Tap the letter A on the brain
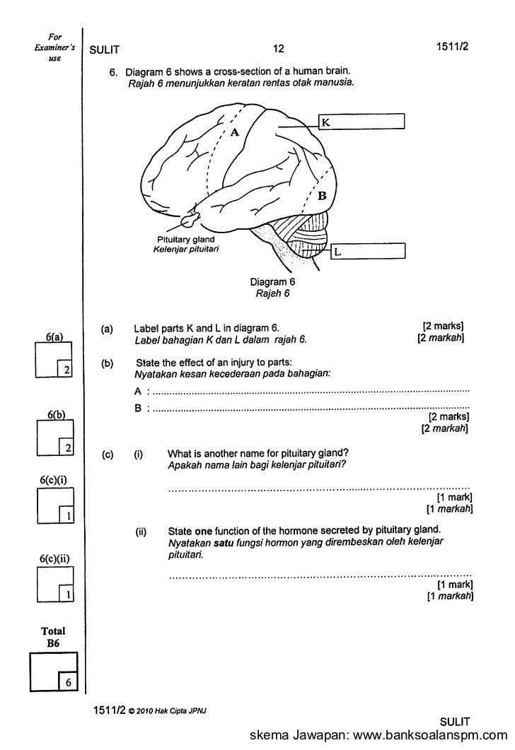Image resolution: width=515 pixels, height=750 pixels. pos(234,133)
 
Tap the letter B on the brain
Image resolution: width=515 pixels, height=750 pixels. pos(321,196)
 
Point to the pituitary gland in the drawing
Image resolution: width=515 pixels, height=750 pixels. pos(190,221)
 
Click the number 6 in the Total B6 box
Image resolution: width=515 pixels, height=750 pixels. pos(68,682)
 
